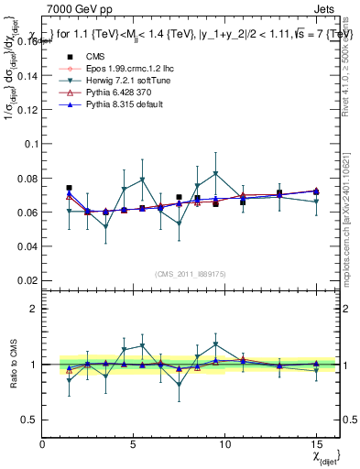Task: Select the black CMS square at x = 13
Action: pyautogui.click(x=279, y=193)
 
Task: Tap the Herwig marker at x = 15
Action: pyautogui.click(x=316, y=202)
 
